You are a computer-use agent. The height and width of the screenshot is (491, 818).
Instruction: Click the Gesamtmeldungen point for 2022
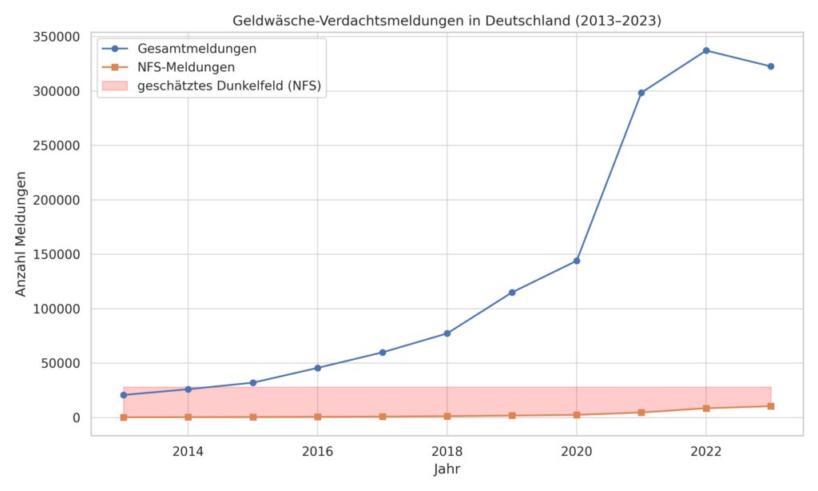click(705, 50)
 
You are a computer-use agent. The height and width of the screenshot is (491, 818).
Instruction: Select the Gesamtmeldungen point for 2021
click(641, 93)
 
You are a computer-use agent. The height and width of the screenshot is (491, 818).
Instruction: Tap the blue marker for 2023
click(770, 66)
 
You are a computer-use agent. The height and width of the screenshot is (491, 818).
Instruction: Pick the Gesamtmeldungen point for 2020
click(576, 261)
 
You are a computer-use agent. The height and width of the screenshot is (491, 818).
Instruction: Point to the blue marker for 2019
click(511, 293)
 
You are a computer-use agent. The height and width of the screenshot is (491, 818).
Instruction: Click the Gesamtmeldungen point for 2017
click(382, 353)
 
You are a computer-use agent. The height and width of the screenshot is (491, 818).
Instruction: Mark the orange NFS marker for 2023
click(770, 406)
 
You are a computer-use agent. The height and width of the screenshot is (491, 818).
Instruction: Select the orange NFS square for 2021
click(641, 413)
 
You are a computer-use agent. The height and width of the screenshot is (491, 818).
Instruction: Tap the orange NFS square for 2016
click(317, 417)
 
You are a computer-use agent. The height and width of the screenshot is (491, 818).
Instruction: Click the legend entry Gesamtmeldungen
click(196, 49)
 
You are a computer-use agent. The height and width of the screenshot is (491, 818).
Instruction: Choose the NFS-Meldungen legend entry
click(186, 67)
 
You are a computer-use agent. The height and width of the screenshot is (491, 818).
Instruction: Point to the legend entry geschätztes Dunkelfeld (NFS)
click(228, 86)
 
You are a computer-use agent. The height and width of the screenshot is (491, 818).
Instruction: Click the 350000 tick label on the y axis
click(56, 37)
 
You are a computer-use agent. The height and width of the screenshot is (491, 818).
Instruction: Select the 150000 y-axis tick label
click(56, 254)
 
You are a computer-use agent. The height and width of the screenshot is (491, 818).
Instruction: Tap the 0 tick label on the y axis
click(76, 417)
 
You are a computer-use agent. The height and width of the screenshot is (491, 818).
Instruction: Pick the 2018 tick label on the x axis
click(447, 451)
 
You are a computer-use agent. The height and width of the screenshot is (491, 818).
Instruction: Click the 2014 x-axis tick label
click(188, 451)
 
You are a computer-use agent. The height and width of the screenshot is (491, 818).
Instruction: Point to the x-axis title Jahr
click(447, 469)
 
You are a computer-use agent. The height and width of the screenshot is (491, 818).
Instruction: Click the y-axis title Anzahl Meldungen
click(22, 234)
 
